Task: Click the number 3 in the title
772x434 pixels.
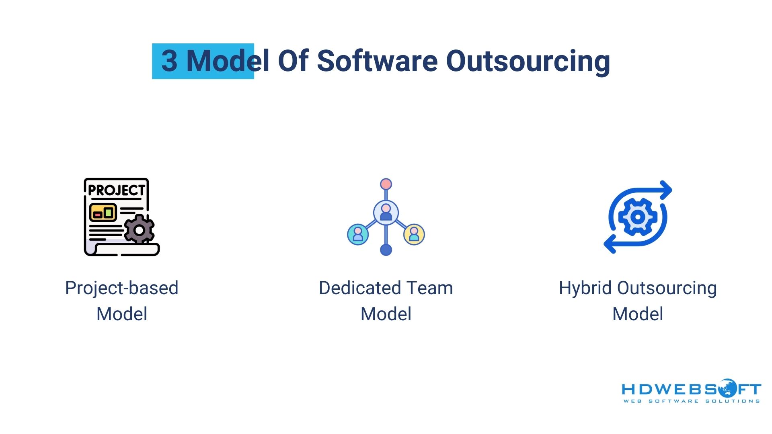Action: [169, 61]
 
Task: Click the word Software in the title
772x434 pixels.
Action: [377, 61]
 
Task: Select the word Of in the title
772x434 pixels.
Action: [293, 61]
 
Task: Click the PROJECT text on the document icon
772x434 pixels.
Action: [116, 190]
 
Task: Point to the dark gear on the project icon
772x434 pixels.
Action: [139, 230]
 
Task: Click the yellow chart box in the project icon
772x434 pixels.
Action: [103, 213]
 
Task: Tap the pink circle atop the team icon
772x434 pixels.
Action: [386, 184]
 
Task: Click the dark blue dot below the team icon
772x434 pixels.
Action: [386, 250]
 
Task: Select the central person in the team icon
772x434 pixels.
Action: [386, 212]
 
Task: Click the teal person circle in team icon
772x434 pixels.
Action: [358, 234]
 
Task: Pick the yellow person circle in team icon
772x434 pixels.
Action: [414, 234]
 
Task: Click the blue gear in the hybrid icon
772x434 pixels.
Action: [638, 217]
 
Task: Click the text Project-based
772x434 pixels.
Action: [121, 288]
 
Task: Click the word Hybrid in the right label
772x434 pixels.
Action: [585, 288]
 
